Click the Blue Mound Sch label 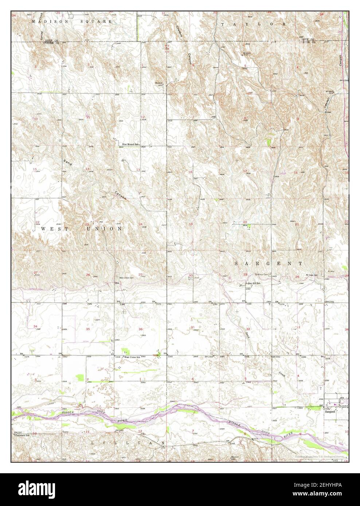(x=131, y=145)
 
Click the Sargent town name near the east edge (x=330, y=411)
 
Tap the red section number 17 (x=245, y=171)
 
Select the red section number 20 (x=245, y=222)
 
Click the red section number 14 (x=87, y=169)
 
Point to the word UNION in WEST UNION (x=103, y=229)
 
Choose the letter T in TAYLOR (x=223, y=24)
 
